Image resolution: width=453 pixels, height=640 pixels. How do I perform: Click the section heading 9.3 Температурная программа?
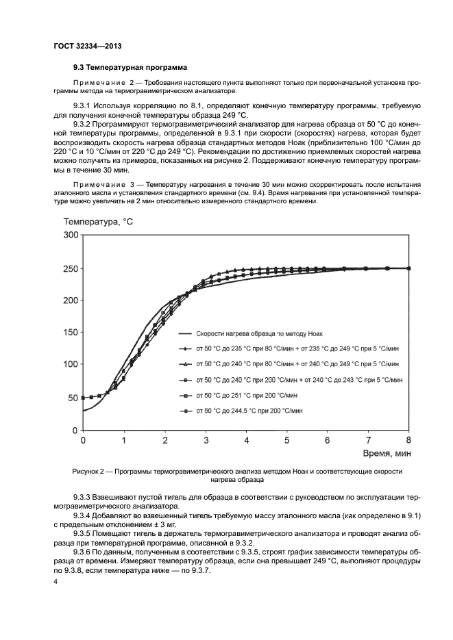tap(130, 68)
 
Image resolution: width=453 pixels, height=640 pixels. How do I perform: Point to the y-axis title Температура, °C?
tap(99, 221)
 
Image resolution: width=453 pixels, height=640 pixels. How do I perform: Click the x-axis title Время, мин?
tap(387, 453)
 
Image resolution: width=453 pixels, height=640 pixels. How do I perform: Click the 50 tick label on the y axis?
tap(73, 398)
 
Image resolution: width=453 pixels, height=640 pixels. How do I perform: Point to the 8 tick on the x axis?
tap(409, 440)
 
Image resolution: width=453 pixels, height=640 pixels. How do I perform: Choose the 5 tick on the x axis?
tap(287, 440)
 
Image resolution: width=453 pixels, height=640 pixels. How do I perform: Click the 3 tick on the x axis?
tap(206, 440)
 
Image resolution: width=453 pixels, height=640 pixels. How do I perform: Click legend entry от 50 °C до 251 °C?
tap(247, 395)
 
